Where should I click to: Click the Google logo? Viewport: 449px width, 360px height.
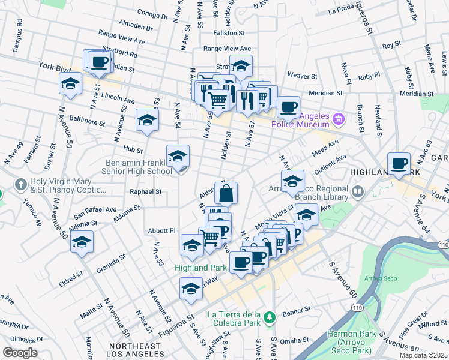pyautogui.click(x=20, y=352)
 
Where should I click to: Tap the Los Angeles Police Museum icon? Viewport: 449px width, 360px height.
pyautogui.click(x=338, y=119)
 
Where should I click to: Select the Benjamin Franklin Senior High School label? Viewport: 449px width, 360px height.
pyautogui.click(x=139, y=167)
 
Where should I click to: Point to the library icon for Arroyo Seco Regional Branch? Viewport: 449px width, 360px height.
pyautogui.click(x=358, y=192)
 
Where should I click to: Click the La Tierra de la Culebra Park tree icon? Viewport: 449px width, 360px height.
pyautogui.click(x=270, y=316)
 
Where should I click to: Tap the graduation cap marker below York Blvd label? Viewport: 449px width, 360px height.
pyautogui.click(x=70, y=84)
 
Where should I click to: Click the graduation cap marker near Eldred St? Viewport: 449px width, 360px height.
pyautogui.click(x=82, y=243)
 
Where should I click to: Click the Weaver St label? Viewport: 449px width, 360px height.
pyautogui.click(x=302, y=76)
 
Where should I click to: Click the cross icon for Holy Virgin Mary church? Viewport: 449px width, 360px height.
pyautogui.click(x=21, y=183)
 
